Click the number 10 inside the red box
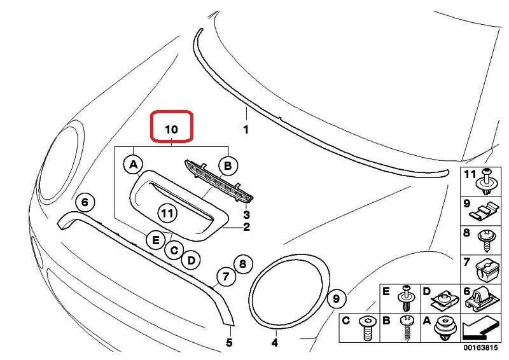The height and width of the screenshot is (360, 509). [171, 129]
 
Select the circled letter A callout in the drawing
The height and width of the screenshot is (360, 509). [134, 165]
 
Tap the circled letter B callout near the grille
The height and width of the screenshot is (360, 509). [228, 166]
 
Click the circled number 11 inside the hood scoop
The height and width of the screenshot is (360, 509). [167, 214]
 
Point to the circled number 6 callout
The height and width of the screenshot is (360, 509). [85, 202]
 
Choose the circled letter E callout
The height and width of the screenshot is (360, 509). [156, 240]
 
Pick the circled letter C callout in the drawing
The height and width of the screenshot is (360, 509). [174, 250]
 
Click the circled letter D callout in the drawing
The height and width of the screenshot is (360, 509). [192, 260]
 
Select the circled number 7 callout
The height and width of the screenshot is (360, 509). [226, 277]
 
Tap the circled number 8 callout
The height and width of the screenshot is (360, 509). [243, 264]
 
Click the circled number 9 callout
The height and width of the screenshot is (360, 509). [337, 298]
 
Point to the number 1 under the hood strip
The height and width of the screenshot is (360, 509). [246, 130]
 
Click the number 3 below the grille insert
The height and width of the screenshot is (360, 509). [246, 214]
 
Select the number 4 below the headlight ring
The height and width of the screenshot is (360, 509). [275, 342]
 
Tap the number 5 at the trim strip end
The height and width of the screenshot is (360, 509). [229, 342]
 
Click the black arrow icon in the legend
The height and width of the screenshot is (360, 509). [480, 329]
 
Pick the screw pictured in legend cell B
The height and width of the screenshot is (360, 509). [407, 328]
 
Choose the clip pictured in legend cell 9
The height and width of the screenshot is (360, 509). [484, 211]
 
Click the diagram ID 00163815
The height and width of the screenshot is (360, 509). [480, 348]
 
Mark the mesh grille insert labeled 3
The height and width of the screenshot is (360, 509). [219, 181]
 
